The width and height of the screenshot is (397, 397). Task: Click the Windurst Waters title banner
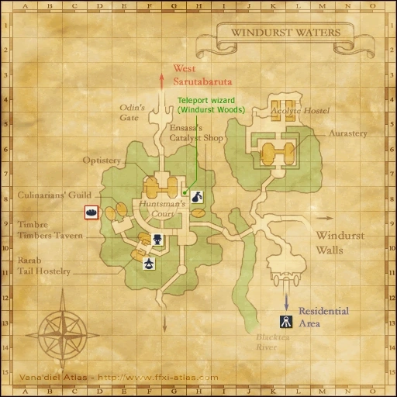click(281, 33)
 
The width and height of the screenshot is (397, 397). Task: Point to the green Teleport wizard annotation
click(210, 105)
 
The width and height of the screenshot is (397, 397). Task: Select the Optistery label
click(102, 161)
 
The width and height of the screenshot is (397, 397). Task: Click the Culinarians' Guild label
click(54, 195)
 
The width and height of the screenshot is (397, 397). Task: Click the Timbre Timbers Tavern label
click(50, 230)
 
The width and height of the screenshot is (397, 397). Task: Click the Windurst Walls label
click(341, 241)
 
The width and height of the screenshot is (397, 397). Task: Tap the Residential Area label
click(323, 315)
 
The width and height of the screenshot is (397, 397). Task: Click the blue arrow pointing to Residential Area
click(286, 296)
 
